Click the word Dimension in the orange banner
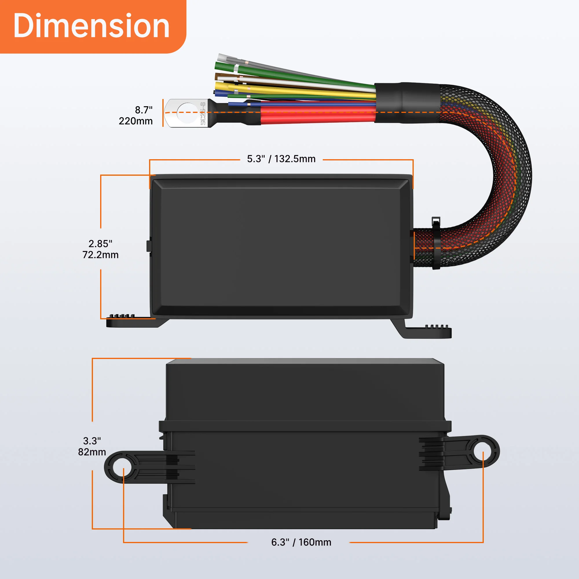pos(91,26)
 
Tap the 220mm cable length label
pos(136,121)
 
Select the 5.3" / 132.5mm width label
pos(281,159)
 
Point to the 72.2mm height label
pos(100,255)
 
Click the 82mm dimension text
pos(92,452)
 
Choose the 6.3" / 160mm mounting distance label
pos(301,542)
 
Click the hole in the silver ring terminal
pos(188,113)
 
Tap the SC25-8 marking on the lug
pos(203,113)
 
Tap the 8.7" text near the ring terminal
pos(144,110)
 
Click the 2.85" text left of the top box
pos(100,244)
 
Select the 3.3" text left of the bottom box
pos(92,441)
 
